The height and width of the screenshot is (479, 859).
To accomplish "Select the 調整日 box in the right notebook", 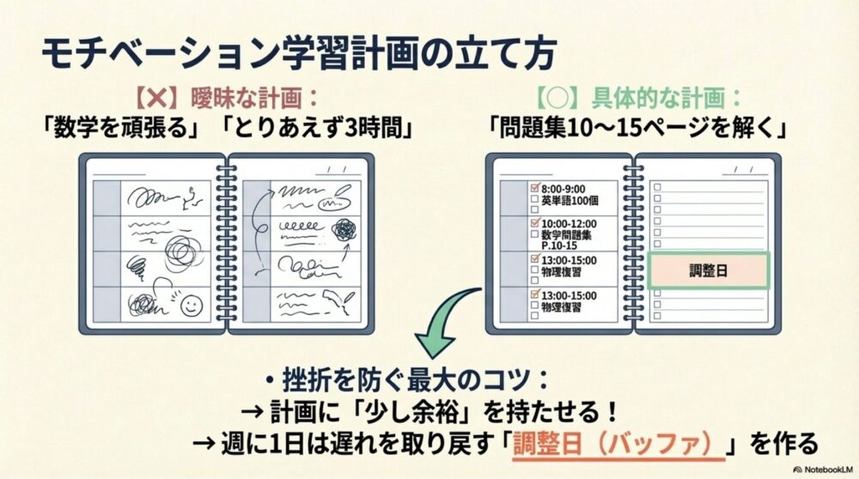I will (x=708, y=270).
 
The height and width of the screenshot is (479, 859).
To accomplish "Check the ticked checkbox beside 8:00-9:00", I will (x=534, y=186).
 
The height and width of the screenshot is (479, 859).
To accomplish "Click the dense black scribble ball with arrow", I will (x=345, y=229).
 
